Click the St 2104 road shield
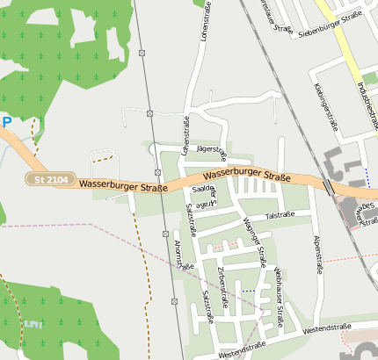pyautogui.click(x=50, y=179)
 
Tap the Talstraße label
pyautogui.click(x=279, y=214)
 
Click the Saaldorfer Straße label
pyautogui.click(x=206, y=196)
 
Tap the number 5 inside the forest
pyautogui.click(x=33, y=325)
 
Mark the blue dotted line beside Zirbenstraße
pyautogui.click(x=250, y=290)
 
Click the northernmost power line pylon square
pyautogui.click(x=142, y=54)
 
